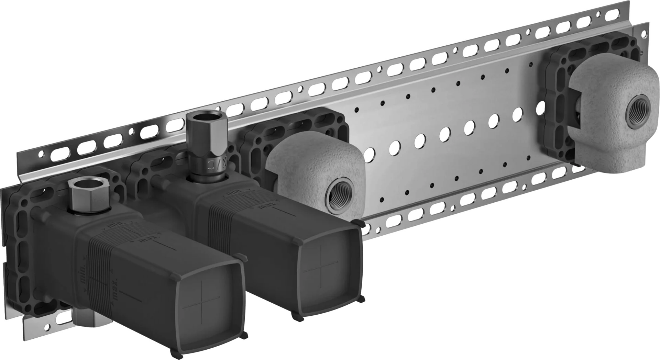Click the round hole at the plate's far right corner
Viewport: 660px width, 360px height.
(x=644, y=33)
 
